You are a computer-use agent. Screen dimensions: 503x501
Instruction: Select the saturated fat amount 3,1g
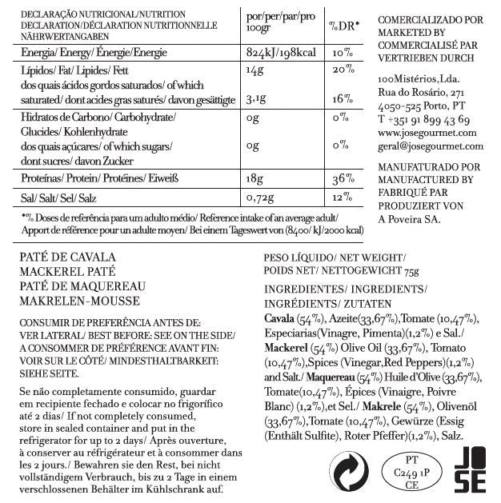(255, 99)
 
